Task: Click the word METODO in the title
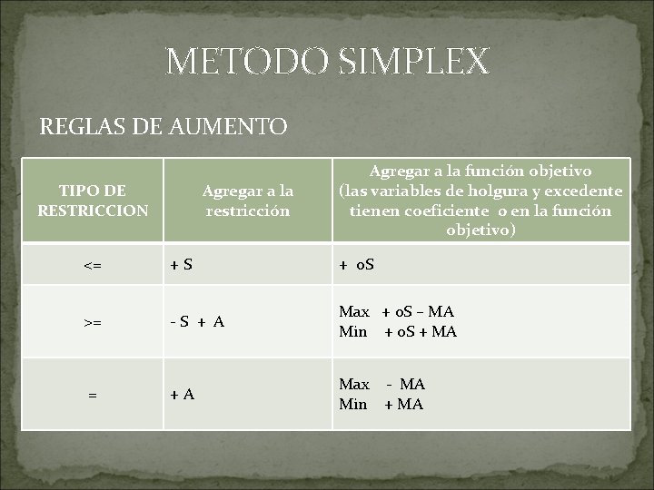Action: [233, 61]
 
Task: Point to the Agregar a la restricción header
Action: [247, 201]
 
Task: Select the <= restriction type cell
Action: [92, 266]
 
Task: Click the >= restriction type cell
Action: [92, 322]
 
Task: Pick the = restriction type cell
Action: [92, 394]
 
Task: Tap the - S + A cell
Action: [201, 322]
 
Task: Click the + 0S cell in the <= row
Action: [358, 266]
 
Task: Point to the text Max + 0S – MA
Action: [398, 312]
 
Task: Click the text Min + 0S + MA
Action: [398, 332]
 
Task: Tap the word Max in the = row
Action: [354, 385]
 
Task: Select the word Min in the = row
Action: [353, 405]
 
